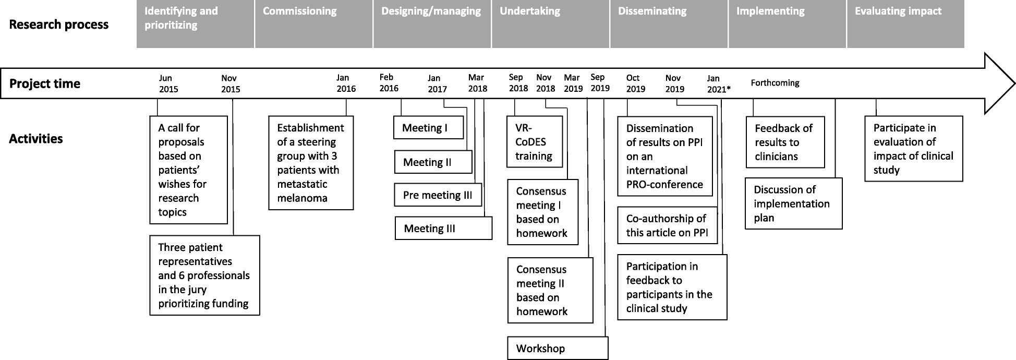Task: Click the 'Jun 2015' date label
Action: pos(168,83)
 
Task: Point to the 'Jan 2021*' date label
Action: pos(718,83)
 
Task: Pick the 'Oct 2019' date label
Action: pos(635,83)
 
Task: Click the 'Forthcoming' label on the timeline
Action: pos(775,83)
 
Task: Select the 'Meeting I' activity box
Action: pos(428,128)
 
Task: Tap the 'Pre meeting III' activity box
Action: pos(438,195)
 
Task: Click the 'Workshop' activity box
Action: pos(558,348)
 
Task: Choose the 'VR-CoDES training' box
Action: pos(535,141)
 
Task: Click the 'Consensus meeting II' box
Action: pos(550,290)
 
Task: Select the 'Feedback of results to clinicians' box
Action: pos(785,142)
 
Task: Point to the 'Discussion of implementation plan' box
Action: pos(793,203)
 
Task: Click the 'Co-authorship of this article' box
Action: pos(667,225)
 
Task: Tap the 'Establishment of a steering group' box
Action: pos(311,163)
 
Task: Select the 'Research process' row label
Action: pos(59,25)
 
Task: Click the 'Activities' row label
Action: pos(36,139)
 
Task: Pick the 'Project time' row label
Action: pos(45,83)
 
